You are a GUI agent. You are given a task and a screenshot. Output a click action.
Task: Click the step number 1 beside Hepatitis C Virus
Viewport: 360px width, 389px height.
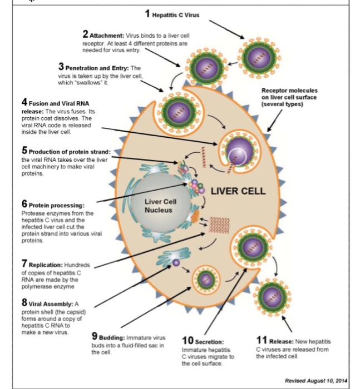[147, 13]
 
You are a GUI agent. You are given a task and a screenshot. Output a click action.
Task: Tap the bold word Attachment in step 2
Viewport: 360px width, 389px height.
[107, 36]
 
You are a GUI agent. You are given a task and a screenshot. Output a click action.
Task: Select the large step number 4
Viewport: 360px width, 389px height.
[24, 102]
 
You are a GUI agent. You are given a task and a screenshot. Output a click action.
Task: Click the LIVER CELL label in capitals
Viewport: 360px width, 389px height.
[238, 191]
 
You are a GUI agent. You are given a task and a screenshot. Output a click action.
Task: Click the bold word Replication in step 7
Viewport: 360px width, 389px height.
[46, 265]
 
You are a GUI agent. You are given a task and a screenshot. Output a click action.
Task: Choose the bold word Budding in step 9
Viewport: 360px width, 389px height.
[112, 338]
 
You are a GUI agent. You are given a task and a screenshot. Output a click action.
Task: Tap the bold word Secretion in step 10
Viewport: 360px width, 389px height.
[209, 342]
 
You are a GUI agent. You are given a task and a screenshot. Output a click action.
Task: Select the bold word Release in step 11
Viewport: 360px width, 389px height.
[281, 342]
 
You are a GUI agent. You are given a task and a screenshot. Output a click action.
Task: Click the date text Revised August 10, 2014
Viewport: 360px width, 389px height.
[316, 381]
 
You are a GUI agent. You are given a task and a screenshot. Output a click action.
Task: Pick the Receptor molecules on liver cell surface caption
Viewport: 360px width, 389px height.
[289, 97]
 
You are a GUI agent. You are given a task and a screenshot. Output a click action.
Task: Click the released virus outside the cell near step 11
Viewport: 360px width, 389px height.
[272, 297]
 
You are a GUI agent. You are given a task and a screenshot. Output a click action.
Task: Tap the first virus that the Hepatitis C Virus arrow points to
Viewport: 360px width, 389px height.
[259, 58]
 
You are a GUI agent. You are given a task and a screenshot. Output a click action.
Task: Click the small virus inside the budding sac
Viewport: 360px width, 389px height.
[206, 280]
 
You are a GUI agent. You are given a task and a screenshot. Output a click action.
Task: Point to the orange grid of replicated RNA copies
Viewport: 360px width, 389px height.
[219, 225]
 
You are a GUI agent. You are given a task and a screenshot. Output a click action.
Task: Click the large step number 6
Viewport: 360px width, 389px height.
[24, 204]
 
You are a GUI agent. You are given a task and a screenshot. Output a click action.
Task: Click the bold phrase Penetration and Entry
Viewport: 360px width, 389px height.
[97, 68]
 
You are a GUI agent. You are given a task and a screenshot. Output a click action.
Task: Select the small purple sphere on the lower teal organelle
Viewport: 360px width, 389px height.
[176, 263]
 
